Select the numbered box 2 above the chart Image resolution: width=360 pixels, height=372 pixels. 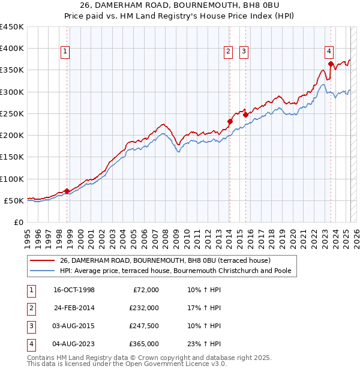point(229,52)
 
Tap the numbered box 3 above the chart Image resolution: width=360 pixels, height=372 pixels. point(244,52)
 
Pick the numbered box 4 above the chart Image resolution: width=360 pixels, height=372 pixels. point(329,52)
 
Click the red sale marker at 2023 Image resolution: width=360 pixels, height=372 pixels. point(331,63)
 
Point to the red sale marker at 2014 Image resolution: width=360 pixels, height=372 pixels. point(230,121)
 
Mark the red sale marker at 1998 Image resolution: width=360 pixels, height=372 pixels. point(67,191)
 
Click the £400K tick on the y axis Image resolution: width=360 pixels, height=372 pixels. point(12,49)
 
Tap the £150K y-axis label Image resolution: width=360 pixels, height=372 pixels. point(12,157)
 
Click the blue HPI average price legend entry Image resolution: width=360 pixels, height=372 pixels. point(175,271)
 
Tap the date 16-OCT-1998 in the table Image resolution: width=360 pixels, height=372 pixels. point(74,290)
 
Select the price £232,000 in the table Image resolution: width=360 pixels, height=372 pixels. point(144,308)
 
